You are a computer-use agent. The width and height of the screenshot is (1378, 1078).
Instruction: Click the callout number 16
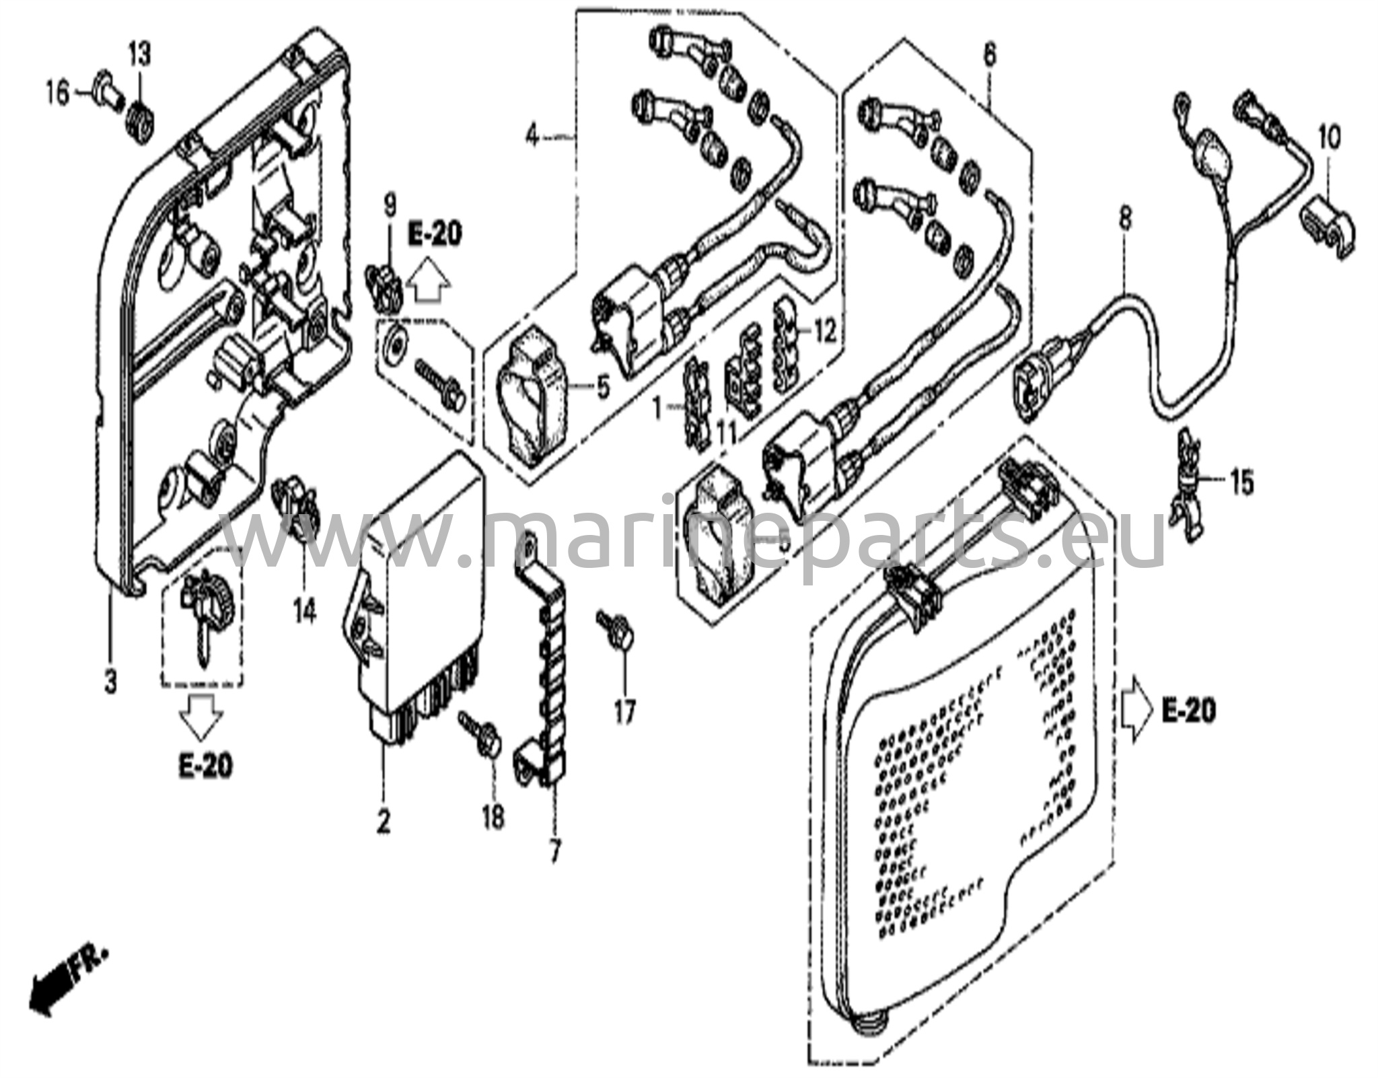(x=58, y=93)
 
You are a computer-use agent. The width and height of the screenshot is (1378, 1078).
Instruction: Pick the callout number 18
(x=493, y=817)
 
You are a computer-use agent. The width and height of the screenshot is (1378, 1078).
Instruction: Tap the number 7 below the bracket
(x=554, y=853)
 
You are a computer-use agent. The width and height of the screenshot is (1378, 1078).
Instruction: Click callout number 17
(x=624, y=711)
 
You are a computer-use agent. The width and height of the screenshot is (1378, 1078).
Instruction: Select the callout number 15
(x=1242, y=482)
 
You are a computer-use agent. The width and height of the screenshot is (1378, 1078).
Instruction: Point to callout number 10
(x=1328, y=139)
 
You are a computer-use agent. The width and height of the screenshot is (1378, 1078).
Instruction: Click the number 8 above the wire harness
(x=1126, y=217)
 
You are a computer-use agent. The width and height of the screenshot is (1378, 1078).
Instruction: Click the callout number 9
(x=390, y=205)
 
